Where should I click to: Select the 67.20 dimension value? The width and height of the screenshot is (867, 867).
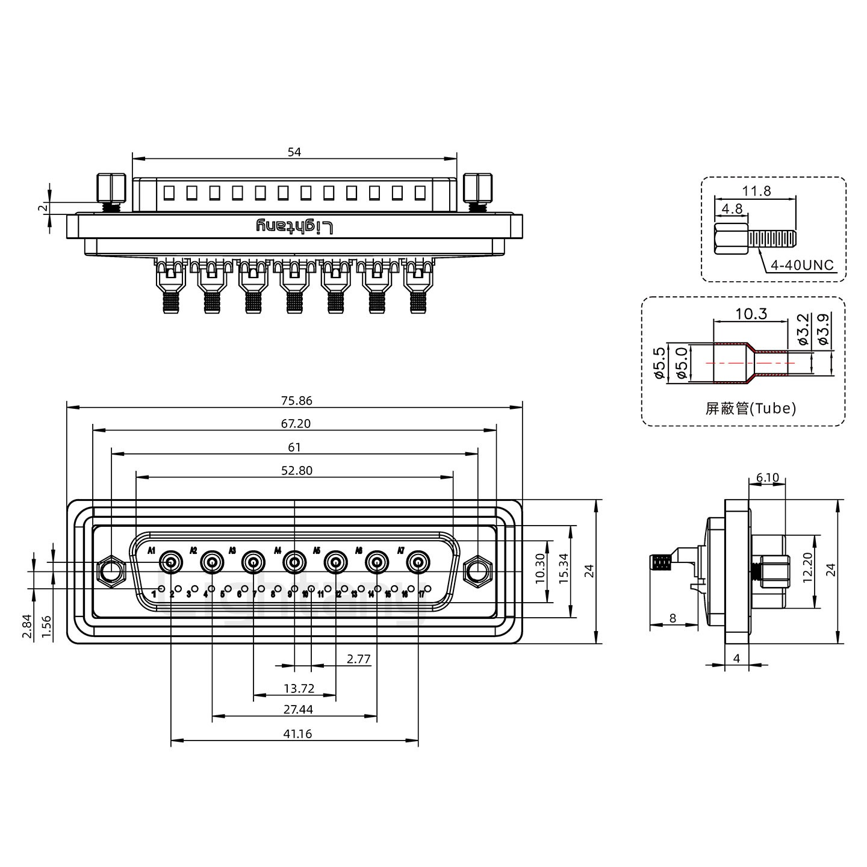point(294,424)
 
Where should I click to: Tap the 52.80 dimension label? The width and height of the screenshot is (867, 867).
point(297,470)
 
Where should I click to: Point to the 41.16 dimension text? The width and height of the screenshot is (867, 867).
point(297,733)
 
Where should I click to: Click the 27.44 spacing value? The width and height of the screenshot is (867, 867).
point(298,709)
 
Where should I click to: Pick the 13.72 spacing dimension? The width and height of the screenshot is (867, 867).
point(299,688)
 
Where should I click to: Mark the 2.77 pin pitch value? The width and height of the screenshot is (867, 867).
point(359,659)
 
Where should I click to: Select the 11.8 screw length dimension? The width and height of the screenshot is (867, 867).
point(756,191)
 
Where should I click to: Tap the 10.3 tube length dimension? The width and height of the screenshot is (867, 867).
point(751,314)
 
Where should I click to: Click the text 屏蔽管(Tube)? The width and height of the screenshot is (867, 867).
point(750,409)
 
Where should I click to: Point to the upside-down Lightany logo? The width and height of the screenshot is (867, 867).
point(294,226)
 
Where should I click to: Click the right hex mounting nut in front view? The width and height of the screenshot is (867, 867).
point(477,570)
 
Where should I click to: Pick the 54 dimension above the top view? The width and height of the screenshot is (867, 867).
point(294,152)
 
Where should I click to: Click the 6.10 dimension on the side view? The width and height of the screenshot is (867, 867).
point(767,478)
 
